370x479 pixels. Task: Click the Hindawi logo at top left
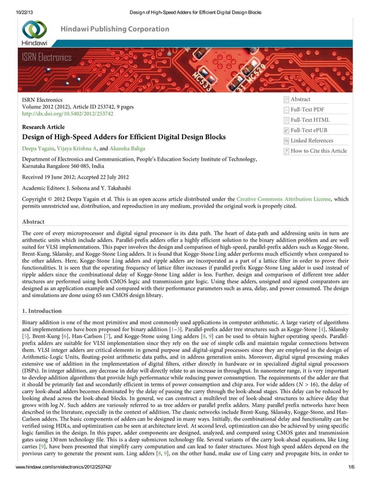pyautogui.click(x=34, y=32)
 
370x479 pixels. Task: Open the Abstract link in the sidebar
pyautogui.click(x=300, y=100)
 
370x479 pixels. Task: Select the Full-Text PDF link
pyautogui.click(x=307, y=110)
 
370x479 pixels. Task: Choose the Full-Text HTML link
pyautogui.click(x=310, y=120)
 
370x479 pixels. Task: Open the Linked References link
pyautogui.click(x=311, y=141)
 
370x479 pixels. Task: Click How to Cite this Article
pyautogui.click(x=318, y=151)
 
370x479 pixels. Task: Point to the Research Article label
pyautogui.click(x=43, y=126)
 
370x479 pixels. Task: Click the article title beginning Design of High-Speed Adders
pyautogui.click(x=123, y=137)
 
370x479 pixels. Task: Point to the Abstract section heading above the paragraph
pyautogui.click(x=32, y=222)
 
